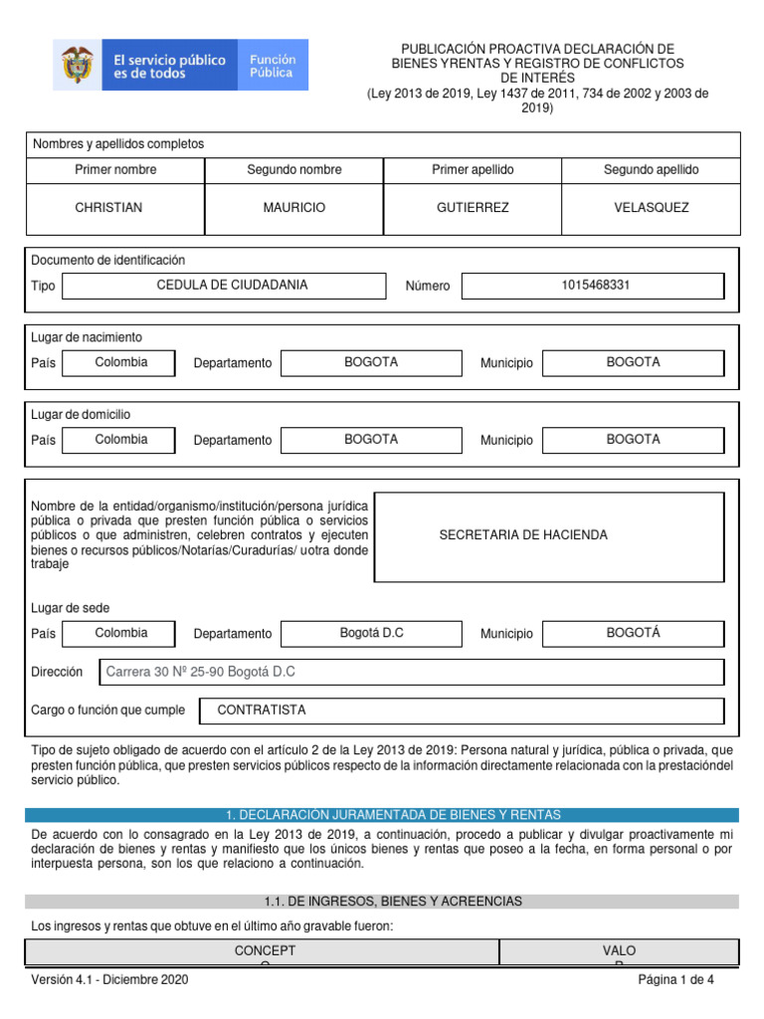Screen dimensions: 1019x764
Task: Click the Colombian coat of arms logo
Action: point(75,66)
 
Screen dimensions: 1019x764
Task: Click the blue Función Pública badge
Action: point(272,66)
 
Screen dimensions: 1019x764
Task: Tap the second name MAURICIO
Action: point(293,208)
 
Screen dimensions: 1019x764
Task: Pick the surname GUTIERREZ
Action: point(473,208)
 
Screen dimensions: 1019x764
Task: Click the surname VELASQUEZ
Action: point(651,208)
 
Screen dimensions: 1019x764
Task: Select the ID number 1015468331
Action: point(595,286)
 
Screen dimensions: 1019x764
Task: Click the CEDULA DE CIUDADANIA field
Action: point(223,286)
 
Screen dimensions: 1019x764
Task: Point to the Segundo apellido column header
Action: point(651,170)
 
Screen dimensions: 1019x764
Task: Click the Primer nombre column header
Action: point(115,170)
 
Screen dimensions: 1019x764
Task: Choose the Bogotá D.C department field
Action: point(371,634)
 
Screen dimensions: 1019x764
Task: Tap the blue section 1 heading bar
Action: point(381,815)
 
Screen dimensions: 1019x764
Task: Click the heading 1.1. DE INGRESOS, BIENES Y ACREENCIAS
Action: point(381,902)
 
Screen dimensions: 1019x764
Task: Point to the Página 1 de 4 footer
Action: point(675,980)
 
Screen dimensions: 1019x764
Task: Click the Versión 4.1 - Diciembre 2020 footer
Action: point(109,980)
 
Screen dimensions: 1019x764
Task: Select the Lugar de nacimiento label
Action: point(87,337)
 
